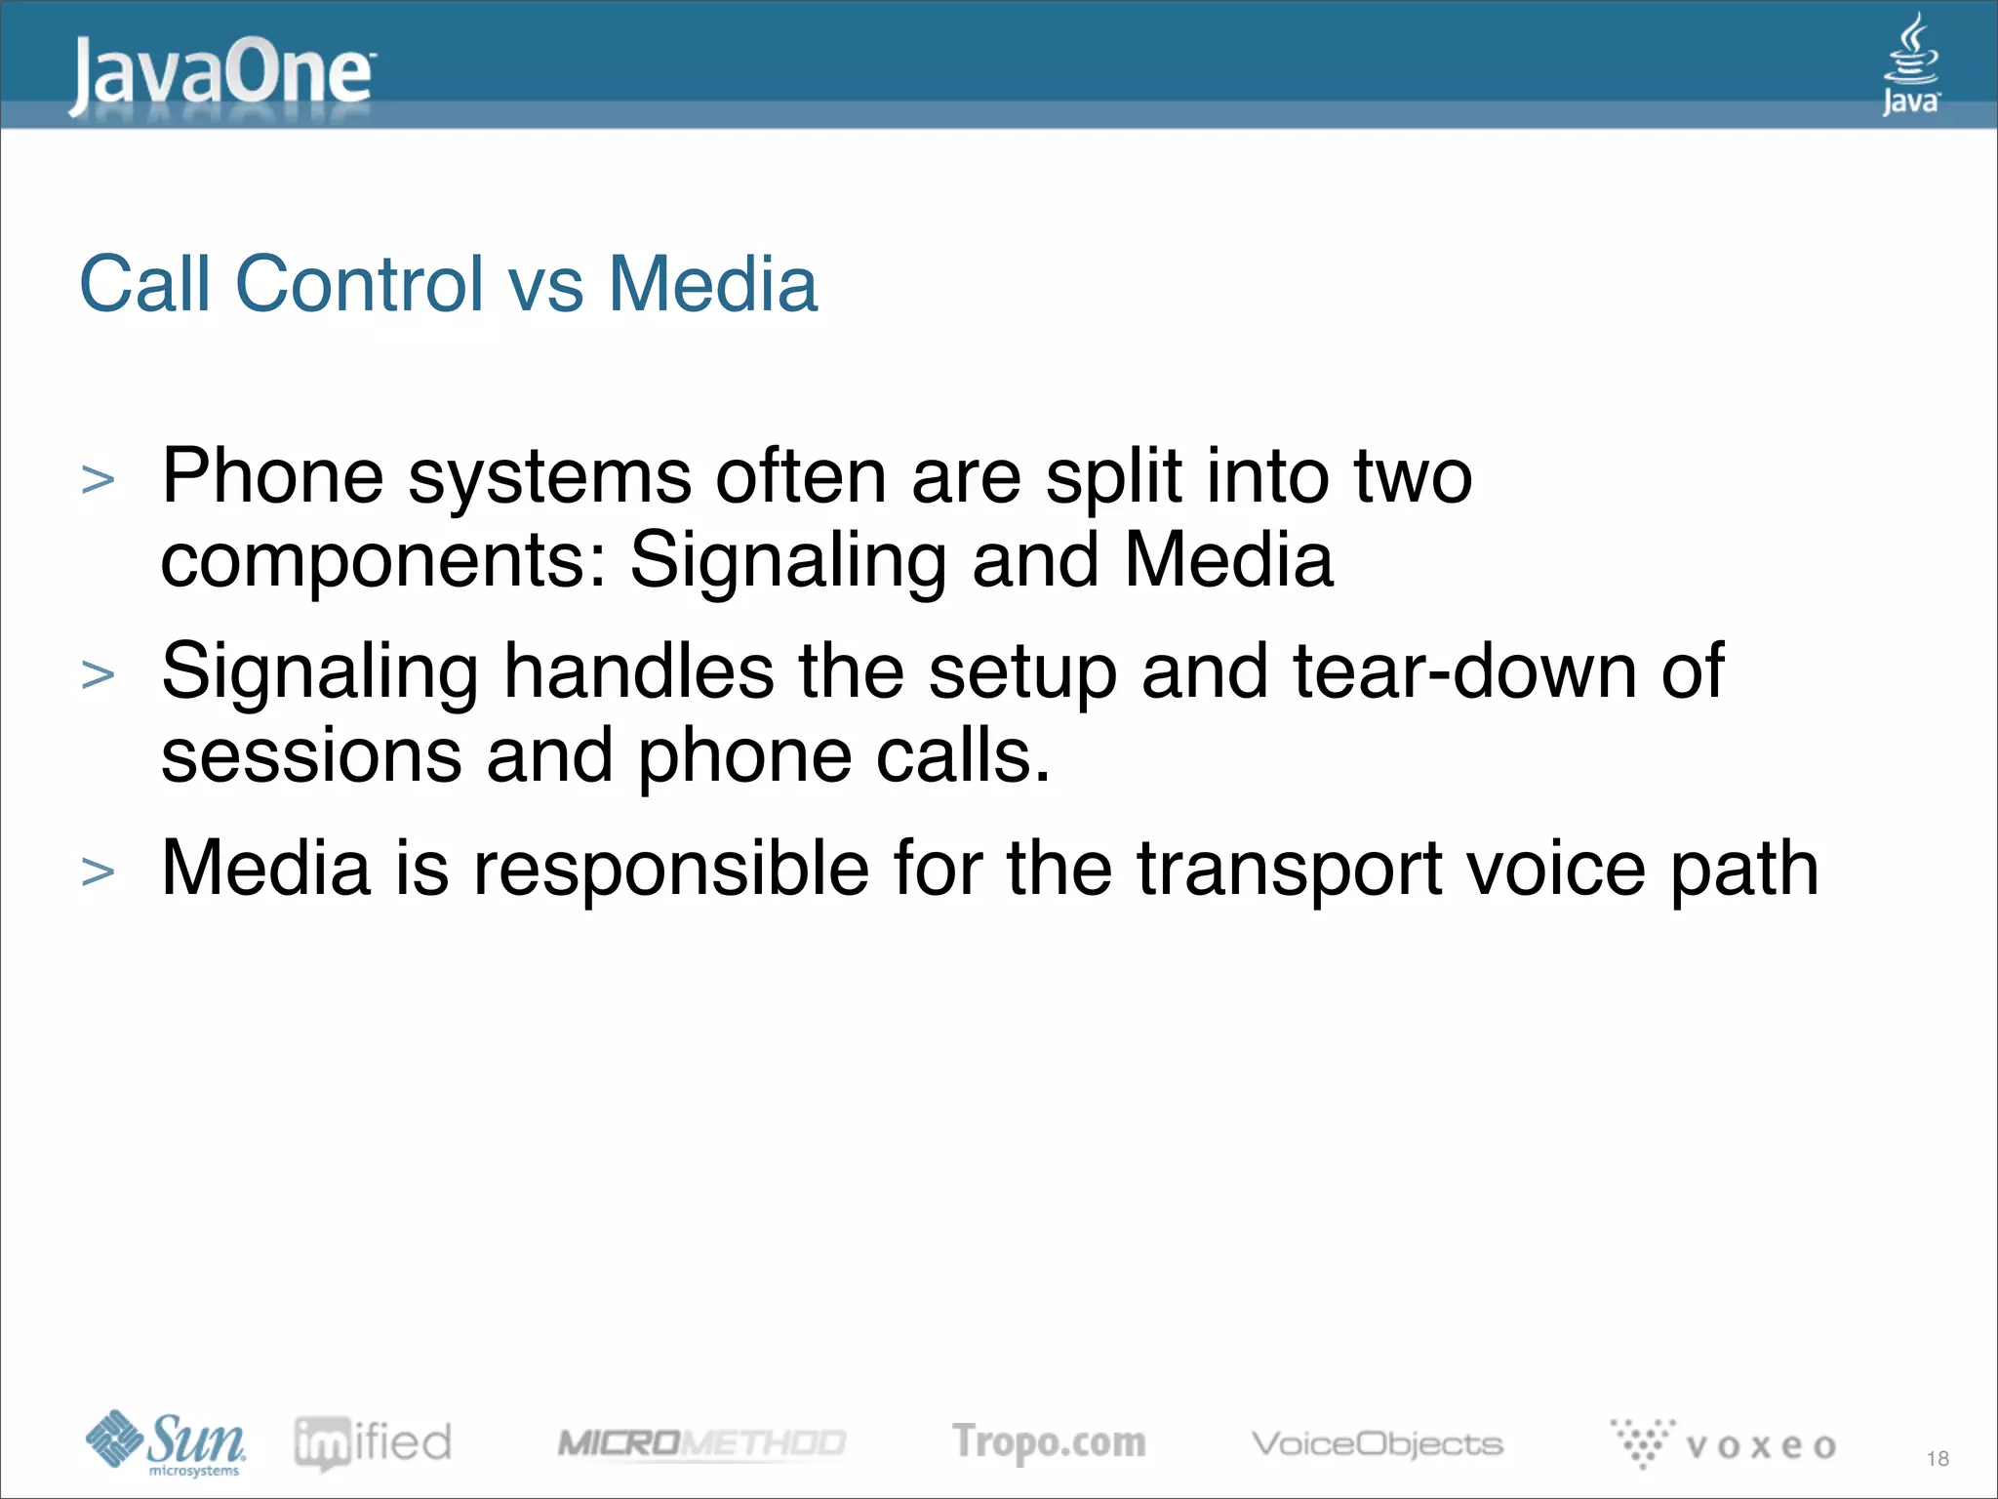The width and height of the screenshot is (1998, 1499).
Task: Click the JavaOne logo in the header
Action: pyautogui.click(x=221, y=74)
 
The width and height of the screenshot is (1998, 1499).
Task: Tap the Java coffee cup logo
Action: pyautogui.click(x=1910, y=64)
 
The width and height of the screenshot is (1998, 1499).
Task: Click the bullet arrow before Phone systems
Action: pyautogui.click(x=99, y=480)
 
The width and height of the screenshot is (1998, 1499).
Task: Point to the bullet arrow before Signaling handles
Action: pyautogui.click(x=99, y=675)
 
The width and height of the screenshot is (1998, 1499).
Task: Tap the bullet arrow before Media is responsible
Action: pyautogui.click(x=99, y=871)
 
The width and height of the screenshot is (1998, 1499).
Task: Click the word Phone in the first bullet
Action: pyautogui.click(x=272, y=477)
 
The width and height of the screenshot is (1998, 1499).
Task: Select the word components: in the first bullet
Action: pyautogui.click(x=383, y=562)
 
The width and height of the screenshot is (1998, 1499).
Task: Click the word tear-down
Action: pyautogui.click(x=1463, y=672)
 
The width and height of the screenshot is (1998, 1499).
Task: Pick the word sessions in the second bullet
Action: pyautogui.click(x=311, y=757)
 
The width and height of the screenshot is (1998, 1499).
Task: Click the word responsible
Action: pyautogui.click(x=670, y=870)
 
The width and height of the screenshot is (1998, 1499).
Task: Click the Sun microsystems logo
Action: pyautogui.click(x=166, y=1442)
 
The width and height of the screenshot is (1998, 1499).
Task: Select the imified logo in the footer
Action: pyautogui.click(x=373, y=1442)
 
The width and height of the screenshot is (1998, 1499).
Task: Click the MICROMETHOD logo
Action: pyautogui.click(x=700, y=1442)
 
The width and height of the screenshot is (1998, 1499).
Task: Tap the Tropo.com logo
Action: pyautogui.click(x=1049, y=1442)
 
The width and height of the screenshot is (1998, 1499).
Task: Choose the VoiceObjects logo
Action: pyautogui.click(x=1377, y=1443)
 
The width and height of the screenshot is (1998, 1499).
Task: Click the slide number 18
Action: pyautogui.click(x=1937, y=1459)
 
